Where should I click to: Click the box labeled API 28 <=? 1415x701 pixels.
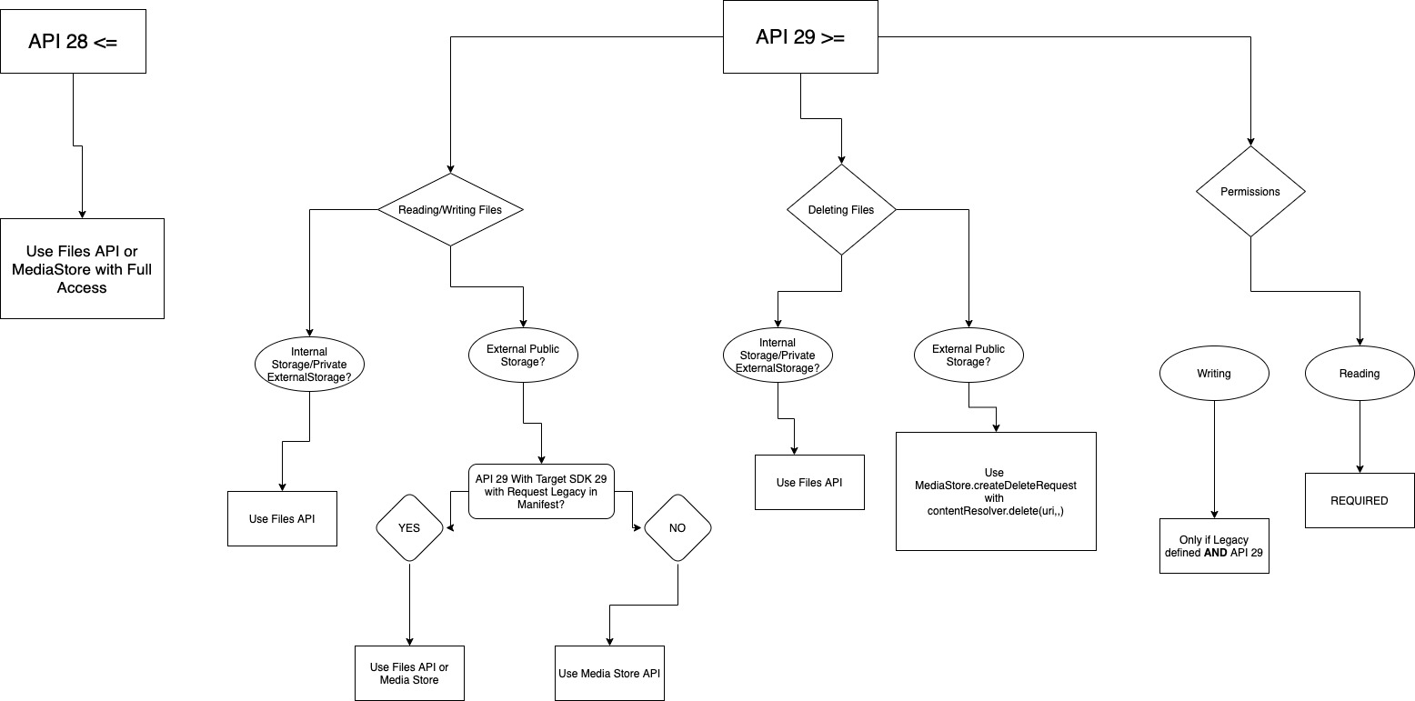coord(73,42)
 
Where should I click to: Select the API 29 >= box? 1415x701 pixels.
coord(800,37)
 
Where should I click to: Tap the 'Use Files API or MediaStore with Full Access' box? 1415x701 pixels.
coord(82,268)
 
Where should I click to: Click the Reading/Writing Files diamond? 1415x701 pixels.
coord(450,210)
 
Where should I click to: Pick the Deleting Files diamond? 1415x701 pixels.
coord(841,210)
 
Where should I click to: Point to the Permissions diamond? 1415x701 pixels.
coord(1250,192)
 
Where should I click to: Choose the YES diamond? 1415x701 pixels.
coord(409,528)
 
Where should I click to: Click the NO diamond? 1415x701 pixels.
coord(677,528)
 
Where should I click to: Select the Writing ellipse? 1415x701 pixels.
coord(1213,374)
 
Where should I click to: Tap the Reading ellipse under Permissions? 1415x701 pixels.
coord(1360,374)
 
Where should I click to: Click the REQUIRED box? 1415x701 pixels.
coord(1360,500)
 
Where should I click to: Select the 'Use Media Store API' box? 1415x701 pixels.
coord(609,673)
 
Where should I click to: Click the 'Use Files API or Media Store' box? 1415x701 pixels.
coord(409,673)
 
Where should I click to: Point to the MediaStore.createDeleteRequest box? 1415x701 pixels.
coord(996,491)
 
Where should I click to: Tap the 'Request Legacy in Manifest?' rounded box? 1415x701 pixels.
coord(541,491)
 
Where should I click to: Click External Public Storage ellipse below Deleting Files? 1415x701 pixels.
coord(968,356)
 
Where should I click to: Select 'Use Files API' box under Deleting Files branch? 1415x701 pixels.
coord(809,482)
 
